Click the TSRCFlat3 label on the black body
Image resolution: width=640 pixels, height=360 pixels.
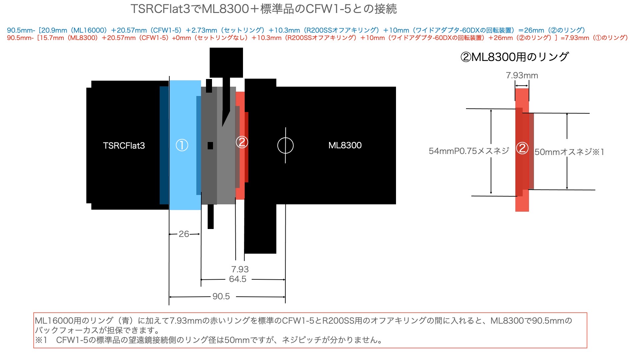(124, 146)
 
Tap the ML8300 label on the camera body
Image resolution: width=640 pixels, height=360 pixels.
(345, 145)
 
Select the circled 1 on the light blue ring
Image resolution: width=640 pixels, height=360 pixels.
(182, 145)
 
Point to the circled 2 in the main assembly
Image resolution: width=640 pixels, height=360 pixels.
(242, 142)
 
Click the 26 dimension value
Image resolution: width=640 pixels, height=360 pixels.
(184, 234)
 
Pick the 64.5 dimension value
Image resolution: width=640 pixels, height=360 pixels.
(238, 279)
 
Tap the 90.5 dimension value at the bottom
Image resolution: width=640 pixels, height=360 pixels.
(221, 296)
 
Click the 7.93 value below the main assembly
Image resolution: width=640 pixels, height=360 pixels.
(240, 269)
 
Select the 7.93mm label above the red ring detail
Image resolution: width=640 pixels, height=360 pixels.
(522, 75)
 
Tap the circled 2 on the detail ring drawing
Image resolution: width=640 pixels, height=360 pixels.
(522, 148)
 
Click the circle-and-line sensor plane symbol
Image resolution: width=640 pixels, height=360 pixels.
(285, 145)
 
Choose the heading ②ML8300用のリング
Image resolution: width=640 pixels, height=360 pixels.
(514, 57)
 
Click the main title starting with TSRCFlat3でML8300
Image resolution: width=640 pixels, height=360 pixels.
(264, 9)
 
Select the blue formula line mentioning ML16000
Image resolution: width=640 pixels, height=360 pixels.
(296, 30)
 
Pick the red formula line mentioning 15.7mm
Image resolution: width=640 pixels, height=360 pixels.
(317, 38)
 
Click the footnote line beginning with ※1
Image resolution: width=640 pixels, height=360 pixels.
(209, 340)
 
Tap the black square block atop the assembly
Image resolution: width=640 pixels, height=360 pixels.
(226, 63)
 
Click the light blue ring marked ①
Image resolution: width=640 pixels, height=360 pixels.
(185, 145)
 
